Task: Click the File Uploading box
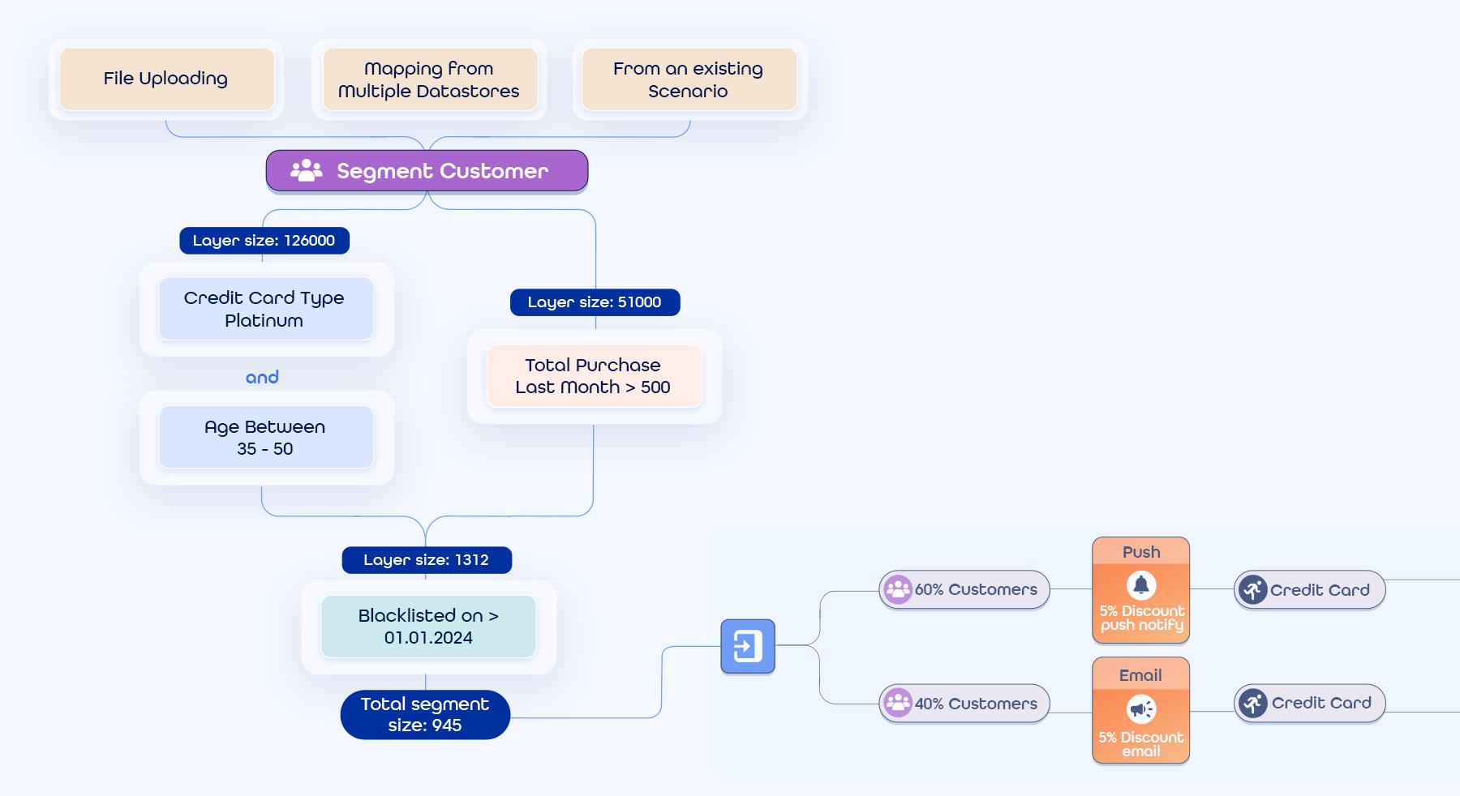point(166,79)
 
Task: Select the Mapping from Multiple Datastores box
point(429,79)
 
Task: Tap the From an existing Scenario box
point(689,79)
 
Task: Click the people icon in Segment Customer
point(307,170)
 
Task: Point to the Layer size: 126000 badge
point(264,241)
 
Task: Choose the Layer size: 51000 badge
point(595,302)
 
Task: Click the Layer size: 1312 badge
point(427,560)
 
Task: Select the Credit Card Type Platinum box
point(265,309)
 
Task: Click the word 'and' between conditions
point(262,377)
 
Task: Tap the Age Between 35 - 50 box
point(265,438)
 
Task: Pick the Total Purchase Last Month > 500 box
point(594,376)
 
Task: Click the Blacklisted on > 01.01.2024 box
point(428,627)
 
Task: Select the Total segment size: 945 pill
point(425,714)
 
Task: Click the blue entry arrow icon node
point(748,646)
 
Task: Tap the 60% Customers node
point(964,589)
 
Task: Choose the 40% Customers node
point(964,704)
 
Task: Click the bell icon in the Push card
point(1141,584)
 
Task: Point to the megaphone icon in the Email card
point(1141,709)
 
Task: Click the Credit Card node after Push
point(1309,590)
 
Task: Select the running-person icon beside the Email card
point(1253,703)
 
